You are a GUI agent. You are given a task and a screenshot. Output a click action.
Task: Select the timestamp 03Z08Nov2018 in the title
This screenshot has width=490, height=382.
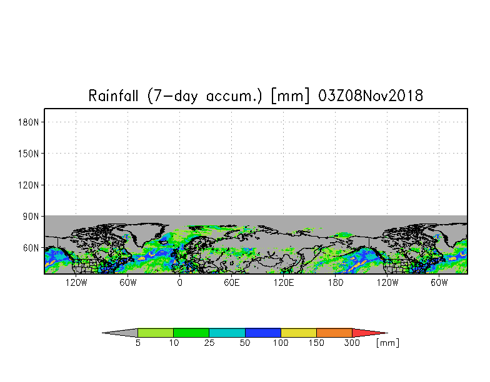pos(371,96)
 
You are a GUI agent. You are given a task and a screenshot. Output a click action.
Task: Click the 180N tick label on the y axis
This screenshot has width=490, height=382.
pos(29,122)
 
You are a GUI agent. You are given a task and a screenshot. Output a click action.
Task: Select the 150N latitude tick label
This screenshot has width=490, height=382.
pos(29,153)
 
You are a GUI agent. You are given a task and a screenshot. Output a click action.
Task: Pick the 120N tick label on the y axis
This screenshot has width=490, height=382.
pos(29,185)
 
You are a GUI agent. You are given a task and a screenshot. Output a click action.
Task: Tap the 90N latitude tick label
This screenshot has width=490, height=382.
pos(32,216)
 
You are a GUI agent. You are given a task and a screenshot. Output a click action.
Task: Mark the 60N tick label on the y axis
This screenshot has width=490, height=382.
pos(32,248)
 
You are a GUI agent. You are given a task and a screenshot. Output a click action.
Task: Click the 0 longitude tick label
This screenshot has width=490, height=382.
pos(180,283)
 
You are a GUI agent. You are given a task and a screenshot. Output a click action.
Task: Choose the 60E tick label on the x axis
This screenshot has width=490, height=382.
pos(232,283)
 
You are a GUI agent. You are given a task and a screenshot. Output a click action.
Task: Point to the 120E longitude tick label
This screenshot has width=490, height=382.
pos(284,283)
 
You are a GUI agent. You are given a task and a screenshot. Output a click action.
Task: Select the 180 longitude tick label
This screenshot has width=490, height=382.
pos(336,283)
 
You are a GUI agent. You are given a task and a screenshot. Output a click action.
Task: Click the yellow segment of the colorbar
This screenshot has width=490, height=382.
pos(299,333)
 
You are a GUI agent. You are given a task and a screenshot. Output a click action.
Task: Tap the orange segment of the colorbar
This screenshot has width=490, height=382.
pos(334,333)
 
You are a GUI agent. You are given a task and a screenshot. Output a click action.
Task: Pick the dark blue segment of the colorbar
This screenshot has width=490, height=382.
pos(263,333)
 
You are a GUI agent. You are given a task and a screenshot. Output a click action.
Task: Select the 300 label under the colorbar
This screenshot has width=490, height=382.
pos(352,343)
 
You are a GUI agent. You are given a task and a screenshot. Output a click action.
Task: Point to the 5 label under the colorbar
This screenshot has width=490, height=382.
pos(137,343)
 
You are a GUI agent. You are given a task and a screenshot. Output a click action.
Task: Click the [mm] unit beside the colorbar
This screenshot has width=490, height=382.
pos(387,343)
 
